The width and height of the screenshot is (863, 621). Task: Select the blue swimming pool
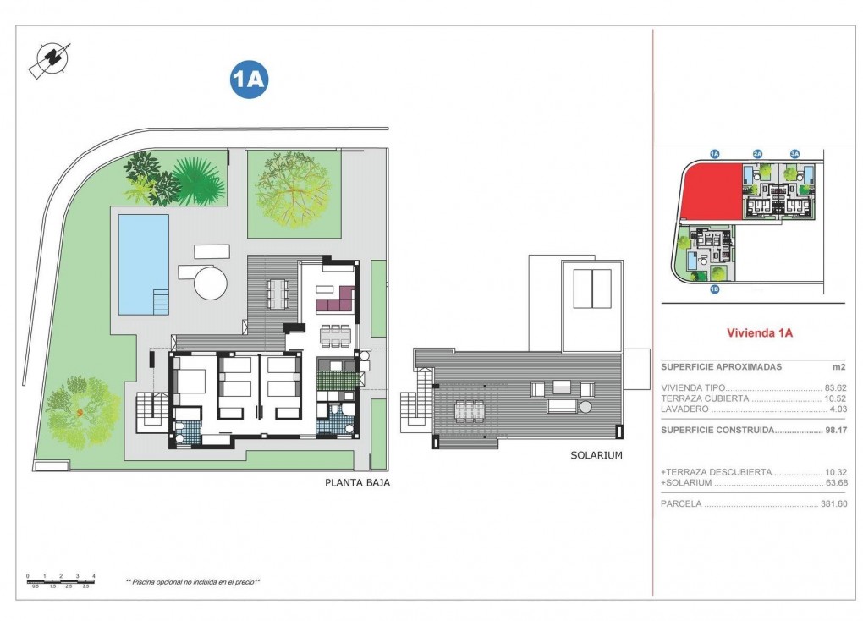click(143, 263)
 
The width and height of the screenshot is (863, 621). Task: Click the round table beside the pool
click(211, 283)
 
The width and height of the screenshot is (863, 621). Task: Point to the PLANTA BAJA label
click(357, 483)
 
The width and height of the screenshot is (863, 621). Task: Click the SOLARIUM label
click(596, 455)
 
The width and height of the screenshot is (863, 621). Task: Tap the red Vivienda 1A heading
click(759, 333)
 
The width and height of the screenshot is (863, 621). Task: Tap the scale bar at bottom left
click(61, 580)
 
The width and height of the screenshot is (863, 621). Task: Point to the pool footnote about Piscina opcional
click(192, 582)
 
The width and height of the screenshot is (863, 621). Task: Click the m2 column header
click(838, 367)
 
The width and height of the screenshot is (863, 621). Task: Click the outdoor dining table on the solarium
click(468, 411)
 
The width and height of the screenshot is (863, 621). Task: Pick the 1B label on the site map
click(714, 289)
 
